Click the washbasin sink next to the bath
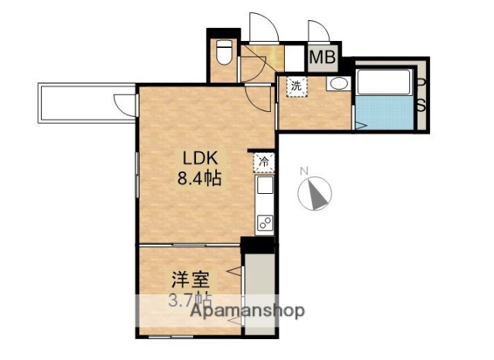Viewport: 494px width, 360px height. (337, 84)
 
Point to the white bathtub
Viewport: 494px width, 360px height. (384, 80)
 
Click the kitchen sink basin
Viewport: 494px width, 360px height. (264, 186)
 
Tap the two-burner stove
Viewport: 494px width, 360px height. (264, 223)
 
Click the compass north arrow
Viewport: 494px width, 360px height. (316, 192)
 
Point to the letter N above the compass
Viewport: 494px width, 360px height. (304, 171)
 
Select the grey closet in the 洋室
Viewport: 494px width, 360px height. (259, 294)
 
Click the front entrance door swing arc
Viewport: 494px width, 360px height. (262, 28)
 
